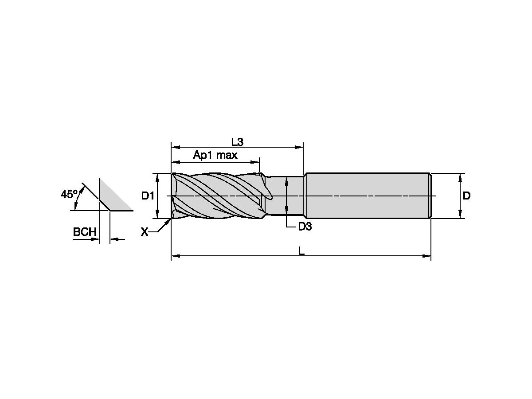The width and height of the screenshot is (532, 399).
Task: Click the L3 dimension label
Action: (x=237, y=142)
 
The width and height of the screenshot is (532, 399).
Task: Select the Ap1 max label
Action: (x=215, y=155)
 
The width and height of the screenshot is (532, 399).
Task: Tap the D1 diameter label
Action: (x=147, y=196)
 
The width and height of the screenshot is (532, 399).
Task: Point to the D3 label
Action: (x=305, y=227)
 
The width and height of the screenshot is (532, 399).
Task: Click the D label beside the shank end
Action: (x=466, y=196)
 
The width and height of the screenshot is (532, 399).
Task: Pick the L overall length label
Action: (x=301, y=251)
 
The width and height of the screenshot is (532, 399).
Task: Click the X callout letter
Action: (x=144, y=231)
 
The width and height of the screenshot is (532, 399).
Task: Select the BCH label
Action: (x=85, y=232)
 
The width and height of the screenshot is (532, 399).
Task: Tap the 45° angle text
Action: (x=69, y=194)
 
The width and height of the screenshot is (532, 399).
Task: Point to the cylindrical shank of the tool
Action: (x=368, y=196)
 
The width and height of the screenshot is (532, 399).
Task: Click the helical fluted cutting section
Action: (x=217, y=196)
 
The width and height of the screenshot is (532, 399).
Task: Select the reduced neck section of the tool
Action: (x=284, y=196)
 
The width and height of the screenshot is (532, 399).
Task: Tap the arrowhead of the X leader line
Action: (x=170, y=220)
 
